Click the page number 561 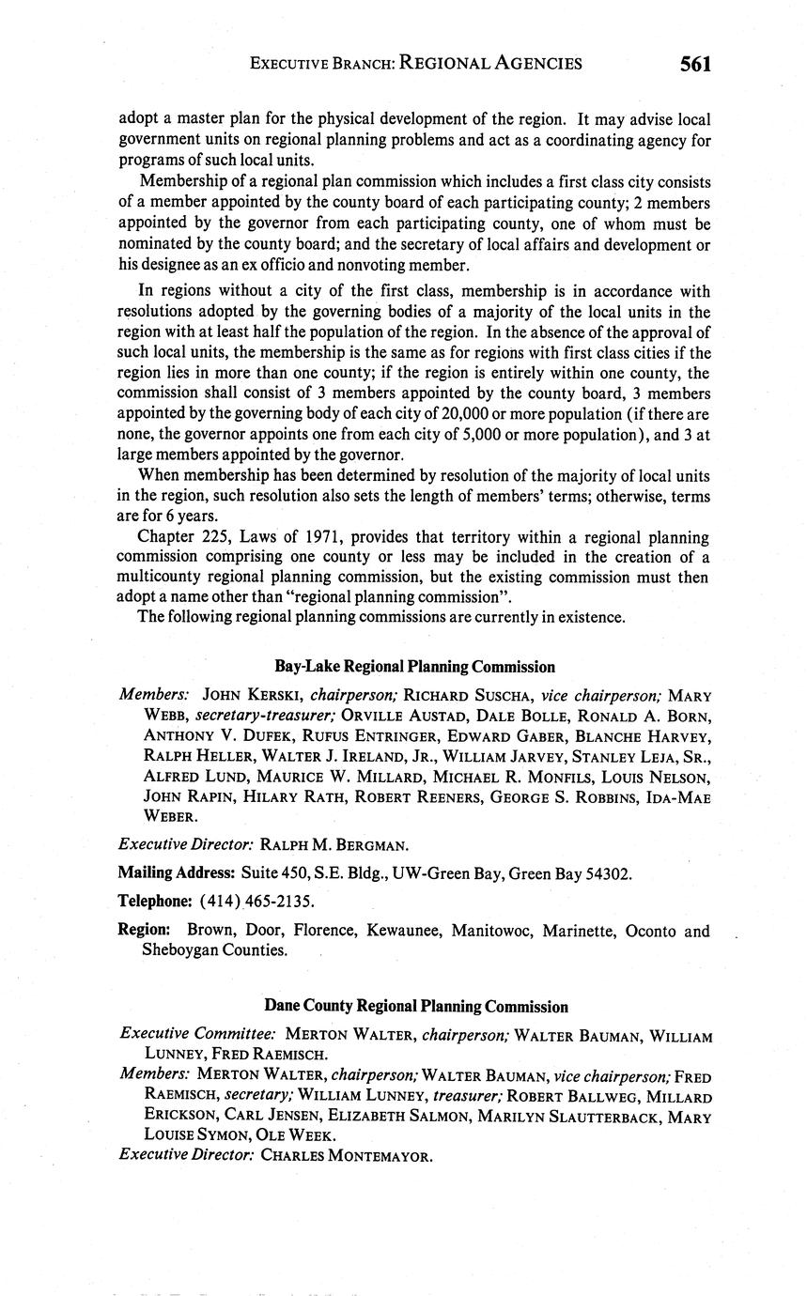point(695,64)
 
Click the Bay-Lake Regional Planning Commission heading point(414,667)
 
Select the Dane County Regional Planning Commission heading point(415,1007)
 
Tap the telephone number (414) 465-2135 point(256,902)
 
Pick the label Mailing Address point(176,873)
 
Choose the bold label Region point(144,931)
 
